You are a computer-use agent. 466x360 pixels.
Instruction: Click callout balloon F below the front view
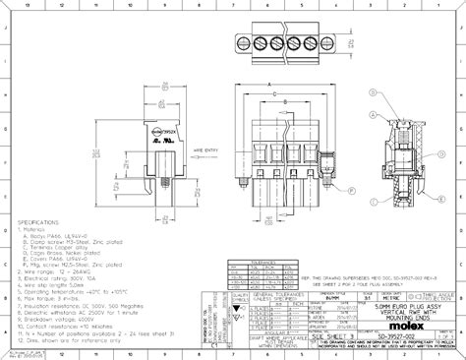click(x=263, y=229)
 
